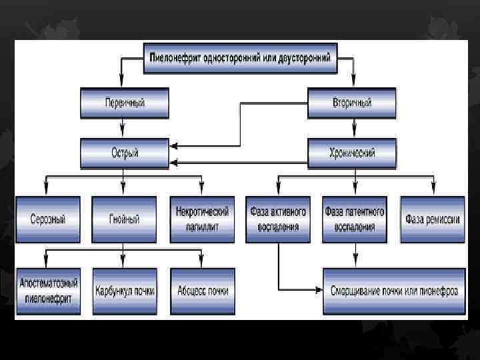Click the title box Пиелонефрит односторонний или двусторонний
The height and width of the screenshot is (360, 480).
coord(240,57)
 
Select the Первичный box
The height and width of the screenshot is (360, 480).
coord(125,103)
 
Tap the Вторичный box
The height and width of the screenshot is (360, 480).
coord(352,103)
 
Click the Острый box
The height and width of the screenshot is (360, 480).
coord(125,153)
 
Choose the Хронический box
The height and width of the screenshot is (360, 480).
coord(352,153)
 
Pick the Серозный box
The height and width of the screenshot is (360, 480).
coord(48,219)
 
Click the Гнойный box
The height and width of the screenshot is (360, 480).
coord(125,219)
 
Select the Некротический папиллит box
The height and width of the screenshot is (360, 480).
coord(202,219)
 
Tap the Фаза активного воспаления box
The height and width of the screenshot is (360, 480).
coord(279,219)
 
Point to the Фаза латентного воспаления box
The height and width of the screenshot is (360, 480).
coord(355,219)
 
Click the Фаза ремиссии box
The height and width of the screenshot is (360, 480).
coord(432,219)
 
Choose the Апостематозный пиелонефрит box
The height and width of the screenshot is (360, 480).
coord(48,291)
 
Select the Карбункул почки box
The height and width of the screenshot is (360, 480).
coord(125,291)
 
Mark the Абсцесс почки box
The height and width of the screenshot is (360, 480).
coord(202,291)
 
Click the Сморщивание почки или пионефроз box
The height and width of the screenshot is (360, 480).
coord(393,291)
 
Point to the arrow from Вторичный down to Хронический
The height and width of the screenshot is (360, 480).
coord(352,127)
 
